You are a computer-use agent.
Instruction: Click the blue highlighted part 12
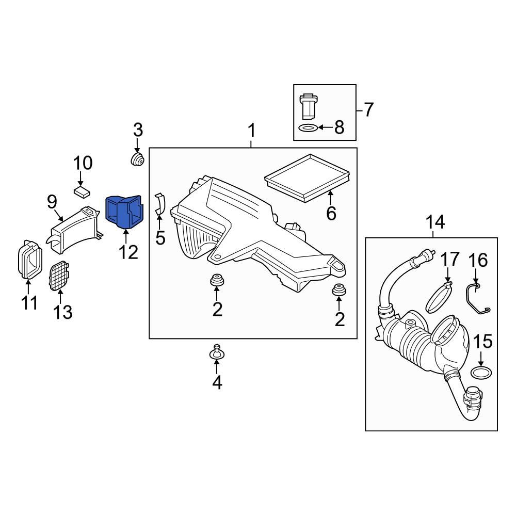(124, 211)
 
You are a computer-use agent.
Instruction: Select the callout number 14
(436, 222)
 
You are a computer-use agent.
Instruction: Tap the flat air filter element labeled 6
(307, 178)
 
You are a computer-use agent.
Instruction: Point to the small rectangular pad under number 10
(82, 191)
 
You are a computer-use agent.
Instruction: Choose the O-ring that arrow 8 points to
(308, 128)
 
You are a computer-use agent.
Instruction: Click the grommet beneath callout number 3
(137, 159)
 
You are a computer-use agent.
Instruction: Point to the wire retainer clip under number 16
(478, 298)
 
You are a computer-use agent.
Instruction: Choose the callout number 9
(52, 202)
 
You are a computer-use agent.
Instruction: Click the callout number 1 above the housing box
(252, 131)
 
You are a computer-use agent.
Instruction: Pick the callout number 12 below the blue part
(128, 252)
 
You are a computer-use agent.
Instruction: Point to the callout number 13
(62, 312)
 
